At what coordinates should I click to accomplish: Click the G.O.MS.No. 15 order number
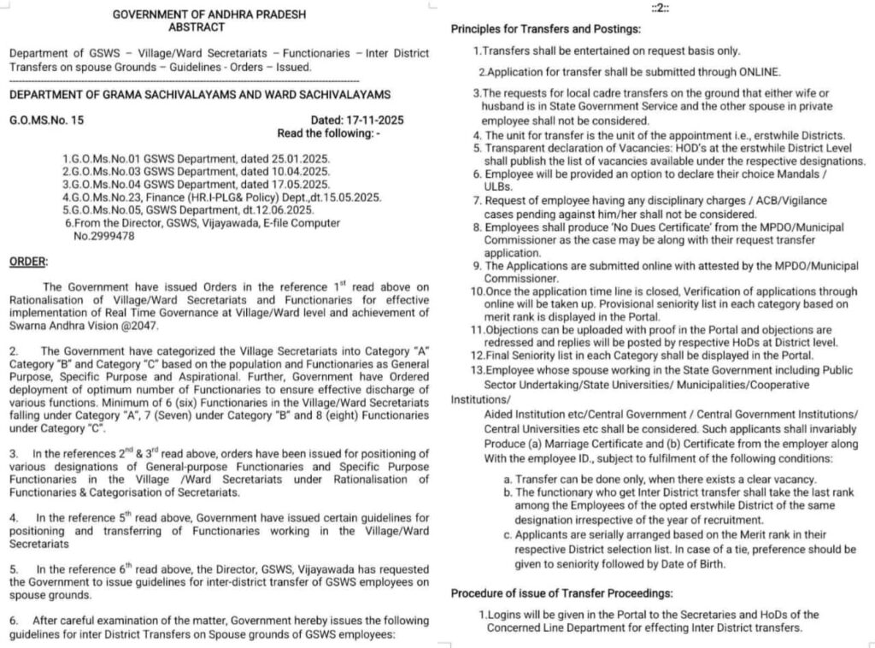tap(47, 121)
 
